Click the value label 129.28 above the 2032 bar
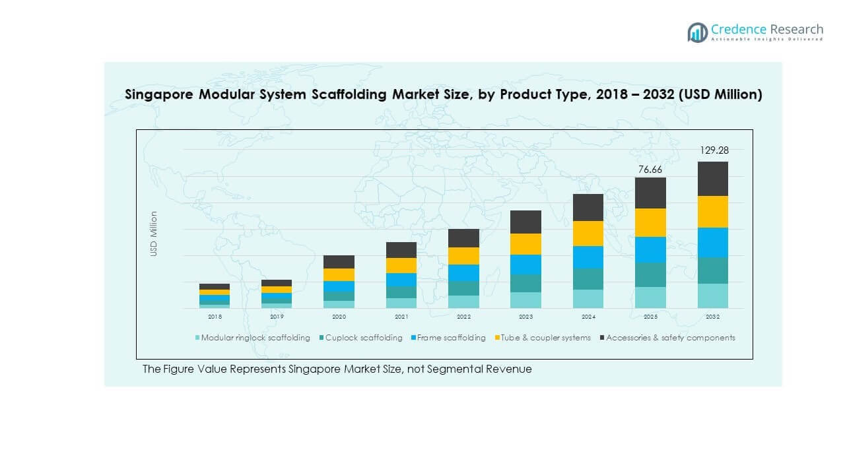(714, 150)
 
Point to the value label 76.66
(650, 170)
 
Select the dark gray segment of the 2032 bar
(713, 179)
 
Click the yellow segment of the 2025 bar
(650, 222)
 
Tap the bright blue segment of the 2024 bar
(588, 257)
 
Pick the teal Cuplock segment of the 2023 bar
(525, 283)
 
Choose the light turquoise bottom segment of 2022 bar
(463, 301)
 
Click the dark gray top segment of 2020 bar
(339, 262)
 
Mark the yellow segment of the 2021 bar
(401, 265)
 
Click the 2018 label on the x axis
(215, 317)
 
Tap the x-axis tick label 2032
(713, 317)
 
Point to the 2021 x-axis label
(401, 317)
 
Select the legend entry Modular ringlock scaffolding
(255, 338)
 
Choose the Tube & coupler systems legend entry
(545, 338)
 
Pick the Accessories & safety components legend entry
(670, 338)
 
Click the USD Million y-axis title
(154, 234)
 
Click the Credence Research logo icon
(697, 32)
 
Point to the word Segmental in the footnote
(458, 369)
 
